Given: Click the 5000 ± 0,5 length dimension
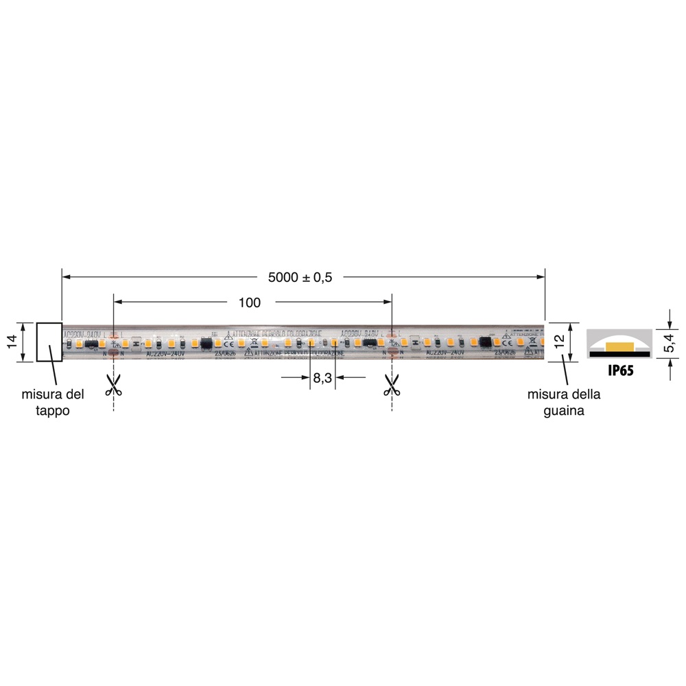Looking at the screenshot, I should click(x=300, y=278).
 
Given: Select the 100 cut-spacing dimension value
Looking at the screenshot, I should click(x=250, y=303).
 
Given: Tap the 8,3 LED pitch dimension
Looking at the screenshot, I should click(x=322, y=377).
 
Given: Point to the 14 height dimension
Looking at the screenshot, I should click(x=12, y=342).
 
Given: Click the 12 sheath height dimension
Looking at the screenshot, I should click(x=559, y=341).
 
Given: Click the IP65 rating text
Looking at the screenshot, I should click(x=620, y=371).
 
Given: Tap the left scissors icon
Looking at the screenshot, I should click(x=113, y=385).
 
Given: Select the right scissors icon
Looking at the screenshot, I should click(x=391, y=385).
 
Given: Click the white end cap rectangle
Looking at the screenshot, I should click(x=49, y=342).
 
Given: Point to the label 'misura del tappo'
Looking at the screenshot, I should click(x=53, y=403).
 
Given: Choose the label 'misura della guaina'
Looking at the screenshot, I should click(x=564, y=403).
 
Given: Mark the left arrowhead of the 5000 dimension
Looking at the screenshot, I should click(x=67, y=277).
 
